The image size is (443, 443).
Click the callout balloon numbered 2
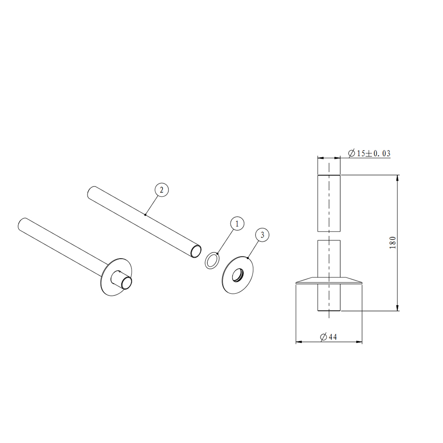click(x=162, y=190)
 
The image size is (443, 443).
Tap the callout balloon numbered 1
click(x=237, y=224)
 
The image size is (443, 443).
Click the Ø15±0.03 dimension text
click(x=369, y=153)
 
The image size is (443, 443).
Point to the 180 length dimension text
click(x=392, y=242)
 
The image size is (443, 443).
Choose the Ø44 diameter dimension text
click(x=328, y=337)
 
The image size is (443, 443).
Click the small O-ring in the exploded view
click(x=212, y=260)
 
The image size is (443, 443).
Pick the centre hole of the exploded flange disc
click(x=240, y=275)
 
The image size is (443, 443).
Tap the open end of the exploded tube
click(x=195, y=251)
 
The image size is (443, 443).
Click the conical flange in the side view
click(x=329, y=281)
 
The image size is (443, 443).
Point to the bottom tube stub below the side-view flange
click(x=329, y=298)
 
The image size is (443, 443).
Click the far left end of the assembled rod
click(x=20, y=223)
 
